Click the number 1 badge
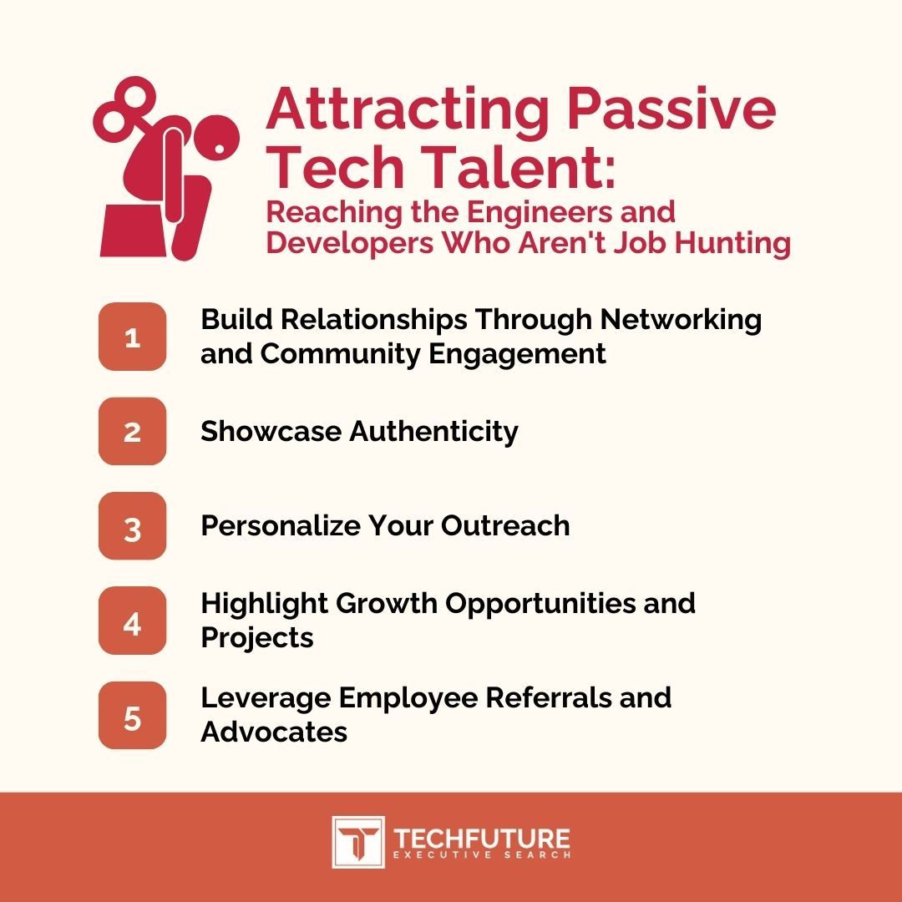click(132, 337)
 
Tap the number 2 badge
click(132, 432)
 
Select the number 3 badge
click(132, 526)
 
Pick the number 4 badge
click(132, 621)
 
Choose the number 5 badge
click(132, 716)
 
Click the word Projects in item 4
click(257, 638)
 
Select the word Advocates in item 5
click(274, 732)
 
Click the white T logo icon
click(357, 842)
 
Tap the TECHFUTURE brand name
click(482, 838)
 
